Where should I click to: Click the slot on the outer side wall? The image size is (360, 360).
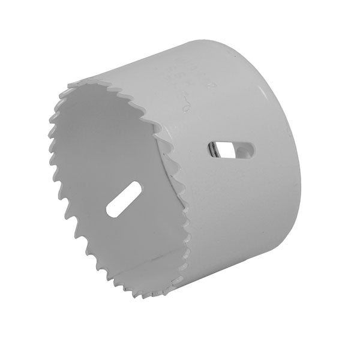click(x=232, y=151)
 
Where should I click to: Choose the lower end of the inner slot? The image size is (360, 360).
click(x=110, y=213)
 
